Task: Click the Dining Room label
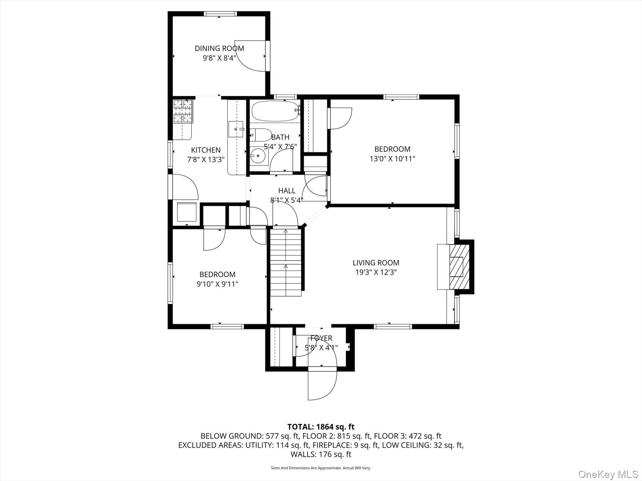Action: tap(219, 48)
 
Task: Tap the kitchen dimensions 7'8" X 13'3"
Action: tap(206, 160)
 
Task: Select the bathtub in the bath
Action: tap(275, 111)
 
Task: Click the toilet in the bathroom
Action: tap(261, 135)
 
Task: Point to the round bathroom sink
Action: tap(258, 156)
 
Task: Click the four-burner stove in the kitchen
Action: tap(183, 111)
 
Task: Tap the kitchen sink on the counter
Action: tap(236, 129)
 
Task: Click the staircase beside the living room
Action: tap(286, 262)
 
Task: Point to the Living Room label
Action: tap(376, 263)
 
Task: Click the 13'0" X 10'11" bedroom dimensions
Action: tap(392, 159)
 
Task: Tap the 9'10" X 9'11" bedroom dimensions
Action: tap(217, 284)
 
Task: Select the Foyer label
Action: tap(321, 338)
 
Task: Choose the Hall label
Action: tap(287, 191)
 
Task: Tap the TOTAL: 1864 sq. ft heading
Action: tap(321, 427)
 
